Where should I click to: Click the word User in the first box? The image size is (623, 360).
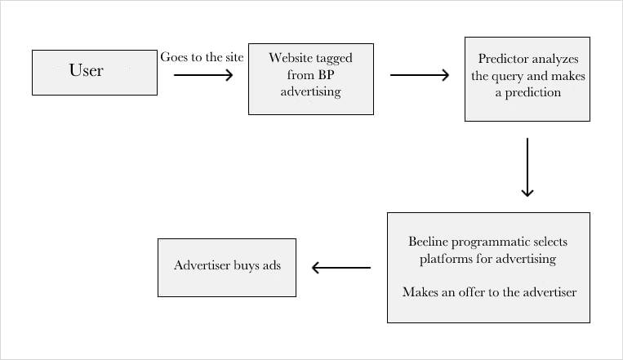pyautogui.click(x=87, y=70)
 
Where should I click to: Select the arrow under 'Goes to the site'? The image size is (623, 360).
pyautogui.click(x=203, y=75)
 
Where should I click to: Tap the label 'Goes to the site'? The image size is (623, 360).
pyautogui.click(x=202, y=57)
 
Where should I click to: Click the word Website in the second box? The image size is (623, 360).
pyautogui.click(x=291, y=58)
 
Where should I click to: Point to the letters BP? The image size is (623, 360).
pyautogui.click(x=326, y=75)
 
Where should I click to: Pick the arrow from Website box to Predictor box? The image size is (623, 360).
pyautogui.click(x=420, y=75)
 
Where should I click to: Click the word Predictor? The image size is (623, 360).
pyautogui.click(x=503, y=59)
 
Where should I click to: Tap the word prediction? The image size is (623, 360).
pyautogui.click(x=533, y=92)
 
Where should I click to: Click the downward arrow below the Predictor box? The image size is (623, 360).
pyautogui.click(x=527, y=167)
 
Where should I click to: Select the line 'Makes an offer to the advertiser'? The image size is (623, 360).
pyautogui.click(x=489, y=292)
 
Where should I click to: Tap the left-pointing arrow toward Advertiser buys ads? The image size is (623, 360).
pyautogui.click(x=341, y=268)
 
